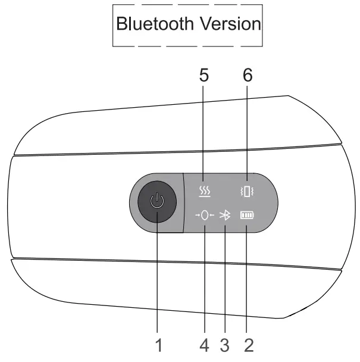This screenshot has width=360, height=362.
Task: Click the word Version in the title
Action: point(229,24)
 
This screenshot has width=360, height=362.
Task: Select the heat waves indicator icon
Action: point(204,192)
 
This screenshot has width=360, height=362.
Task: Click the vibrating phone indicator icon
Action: point(248,192)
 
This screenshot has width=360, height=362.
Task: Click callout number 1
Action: point(158,344)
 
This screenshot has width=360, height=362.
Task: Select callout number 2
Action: point(248,344)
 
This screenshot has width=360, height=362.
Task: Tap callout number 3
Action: point(225,344)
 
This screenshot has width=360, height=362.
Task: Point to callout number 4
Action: point(204,344)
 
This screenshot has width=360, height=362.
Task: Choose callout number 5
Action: point(204,76)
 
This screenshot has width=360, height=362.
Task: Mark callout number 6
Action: point(248,76)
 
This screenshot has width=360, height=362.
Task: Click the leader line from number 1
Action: point(158,274)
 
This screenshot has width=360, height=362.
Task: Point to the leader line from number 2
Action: point(248,280)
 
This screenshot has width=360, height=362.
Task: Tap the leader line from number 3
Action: point(225,280)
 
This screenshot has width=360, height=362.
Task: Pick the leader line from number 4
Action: point(204,280)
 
